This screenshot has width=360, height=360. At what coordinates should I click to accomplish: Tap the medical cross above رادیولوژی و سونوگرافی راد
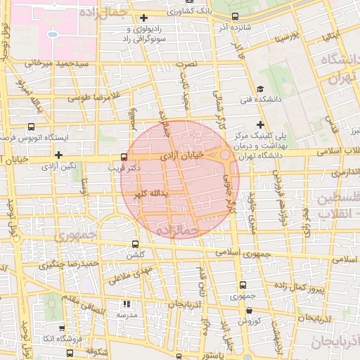click(x=144, y=18)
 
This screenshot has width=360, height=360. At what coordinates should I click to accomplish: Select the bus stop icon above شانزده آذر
click(x=235, y=17)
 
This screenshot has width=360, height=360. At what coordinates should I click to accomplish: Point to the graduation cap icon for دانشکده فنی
click(x=260, y=89)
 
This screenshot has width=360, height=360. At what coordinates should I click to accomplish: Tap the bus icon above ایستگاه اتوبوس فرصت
click(x=30, y=127)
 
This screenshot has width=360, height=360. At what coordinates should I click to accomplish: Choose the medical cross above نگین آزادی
click(x=58, y=154)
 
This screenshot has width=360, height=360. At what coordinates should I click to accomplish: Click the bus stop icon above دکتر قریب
click(x=124, y=156)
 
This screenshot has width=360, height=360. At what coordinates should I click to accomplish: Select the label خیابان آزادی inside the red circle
click(x=182, y=154)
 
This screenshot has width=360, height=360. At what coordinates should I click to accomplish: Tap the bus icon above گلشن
click(x=135, y=244)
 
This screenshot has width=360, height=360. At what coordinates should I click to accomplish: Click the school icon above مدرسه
click(x=127, y=304)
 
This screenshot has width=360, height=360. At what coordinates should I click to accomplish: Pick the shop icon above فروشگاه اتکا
click(x=62, y=328)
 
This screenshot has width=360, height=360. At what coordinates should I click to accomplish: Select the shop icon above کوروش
click(x=241, y=309)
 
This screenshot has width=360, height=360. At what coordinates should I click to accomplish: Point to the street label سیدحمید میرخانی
click(x=58, y=63)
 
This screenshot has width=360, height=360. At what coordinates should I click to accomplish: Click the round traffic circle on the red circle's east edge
click(x=224, y=154)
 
